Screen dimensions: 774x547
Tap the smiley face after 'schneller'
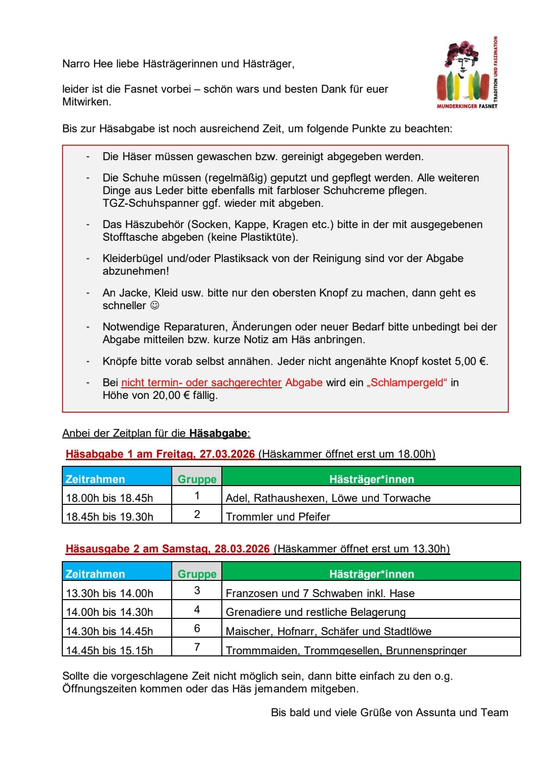point(155,306)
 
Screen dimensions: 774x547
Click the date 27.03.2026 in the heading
point(227,454)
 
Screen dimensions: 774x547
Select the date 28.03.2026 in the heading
point(242,549)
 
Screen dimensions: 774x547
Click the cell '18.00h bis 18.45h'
point(109,498)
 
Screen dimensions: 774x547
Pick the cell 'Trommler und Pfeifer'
point(278,517)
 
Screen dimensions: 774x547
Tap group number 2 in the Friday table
point(197,514)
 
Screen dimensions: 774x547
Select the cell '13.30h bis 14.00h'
point(109,593)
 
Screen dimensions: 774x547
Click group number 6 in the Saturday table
point(197,629)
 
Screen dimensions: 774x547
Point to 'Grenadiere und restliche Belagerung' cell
point(316,612)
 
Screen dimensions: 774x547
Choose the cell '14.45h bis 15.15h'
point(109,650)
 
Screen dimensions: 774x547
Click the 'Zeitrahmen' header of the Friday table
point(95,479)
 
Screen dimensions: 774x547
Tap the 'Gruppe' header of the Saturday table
point(197,574)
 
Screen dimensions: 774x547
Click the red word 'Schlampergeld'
point(407,383)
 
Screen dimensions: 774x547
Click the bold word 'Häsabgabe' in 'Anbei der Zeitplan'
point(218,433)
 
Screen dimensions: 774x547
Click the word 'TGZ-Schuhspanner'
point(143,203)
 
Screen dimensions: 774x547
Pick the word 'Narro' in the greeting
point(76,64)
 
